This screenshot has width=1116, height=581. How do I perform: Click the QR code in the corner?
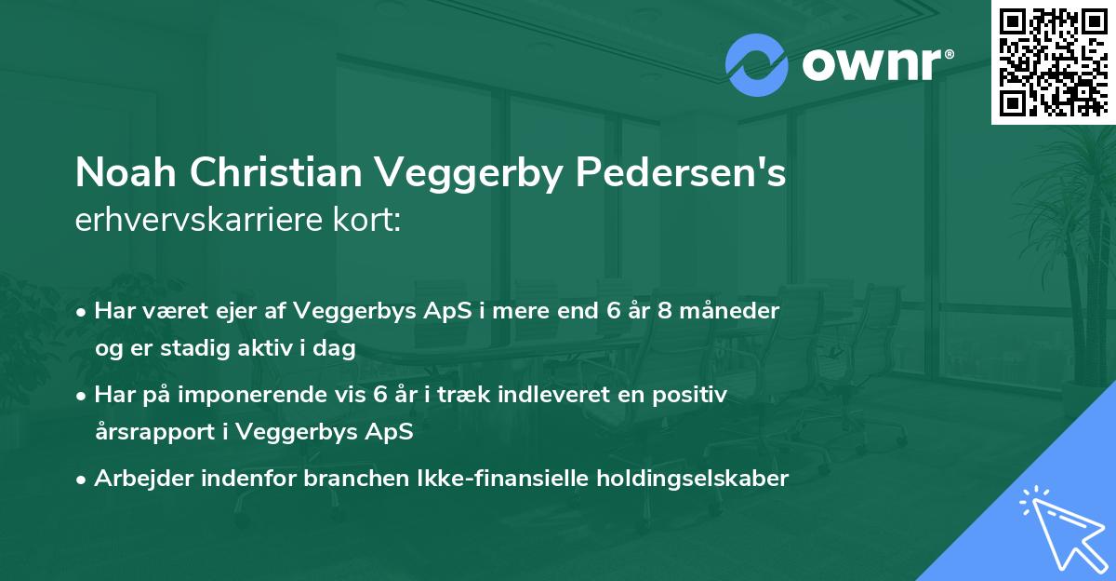click(x=1052, y=61)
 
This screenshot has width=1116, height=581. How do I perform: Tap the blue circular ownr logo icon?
click(x=757, y=65)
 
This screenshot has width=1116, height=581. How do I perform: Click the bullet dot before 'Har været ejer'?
click(x=83, y=312)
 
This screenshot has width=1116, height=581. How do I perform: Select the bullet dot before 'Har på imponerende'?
click(x=83, y=396)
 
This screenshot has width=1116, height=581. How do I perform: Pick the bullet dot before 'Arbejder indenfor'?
click(x=83, y=480)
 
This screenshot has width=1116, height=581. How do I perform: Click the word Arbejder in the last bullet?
click(x=144, y=479)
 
